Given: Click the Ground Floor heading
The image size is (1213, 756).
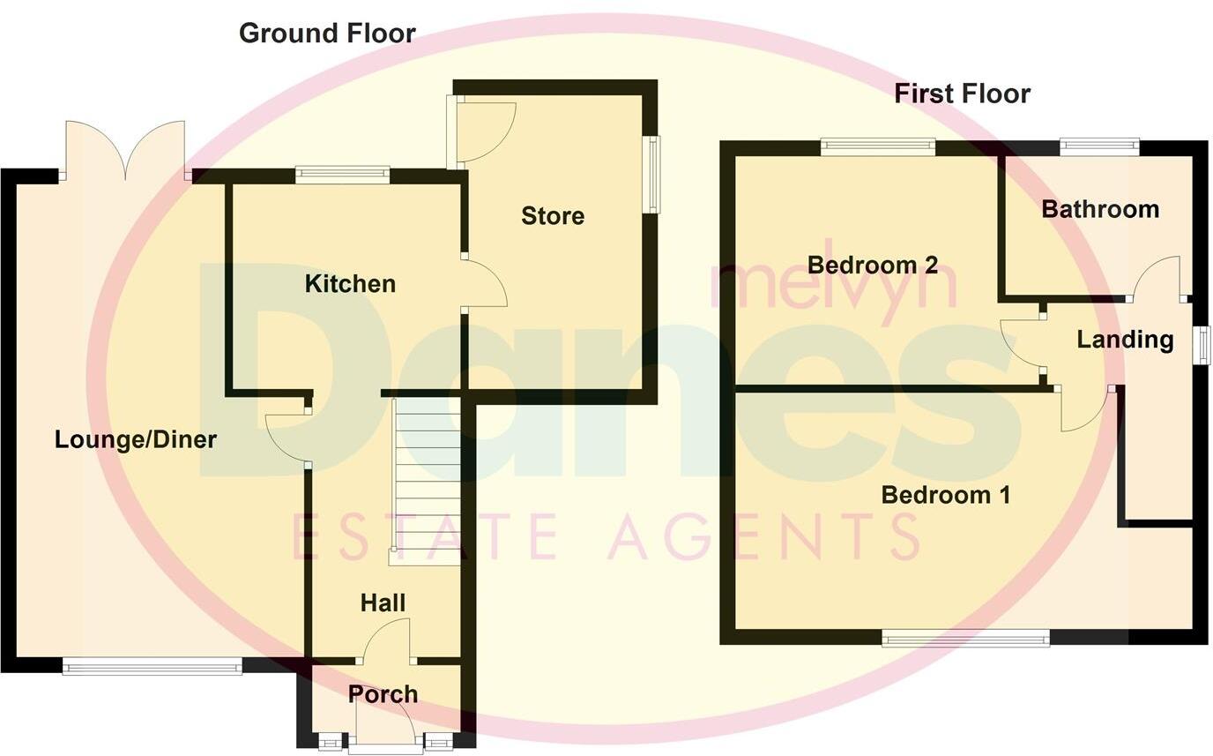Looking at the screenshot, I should coord(327,34).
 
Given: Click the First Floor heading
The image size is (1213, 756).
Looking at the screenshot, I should coord(962,94).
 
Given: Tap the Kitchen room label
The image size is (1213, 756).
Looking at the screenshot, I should coord(350,284).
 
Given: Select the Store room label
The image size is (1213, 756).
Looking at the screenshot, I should coord(553,216).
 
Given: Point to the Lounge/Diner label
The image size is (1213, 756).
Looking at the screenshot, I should coord(136,439).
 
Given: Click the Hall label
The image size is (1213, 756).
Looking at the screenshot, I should coord(383,603).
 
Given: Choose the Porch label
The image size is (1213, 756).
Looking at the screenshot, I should coord(383,694).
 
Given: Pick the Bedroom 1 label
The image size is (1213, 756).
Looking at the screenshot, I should coord(946,495).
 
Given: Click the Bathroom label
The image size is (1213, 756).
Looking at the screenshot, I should coord(1099,209).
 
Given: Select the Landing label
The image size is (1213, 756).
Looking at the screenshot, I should coord(1125,340).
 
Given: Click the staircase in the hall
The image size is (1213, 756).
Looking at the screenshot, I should coord(427,481).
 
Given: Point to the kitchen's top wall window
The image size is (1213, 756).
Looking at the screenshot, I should coord(342,175).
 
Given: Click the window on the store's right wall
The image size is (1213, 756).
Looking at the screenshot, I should coord(651,174).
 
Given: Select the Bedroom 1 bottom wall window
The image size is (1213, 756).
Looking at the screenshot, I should coord(965,638).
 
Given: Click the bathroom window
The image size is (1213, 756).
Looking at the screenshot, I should coord(1098,146).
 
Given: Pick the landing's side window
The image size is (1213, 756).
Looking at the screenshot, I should coord(1201,343).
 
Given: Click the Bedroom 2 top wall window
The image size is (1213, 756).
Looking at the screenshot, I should coord(877,146).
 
